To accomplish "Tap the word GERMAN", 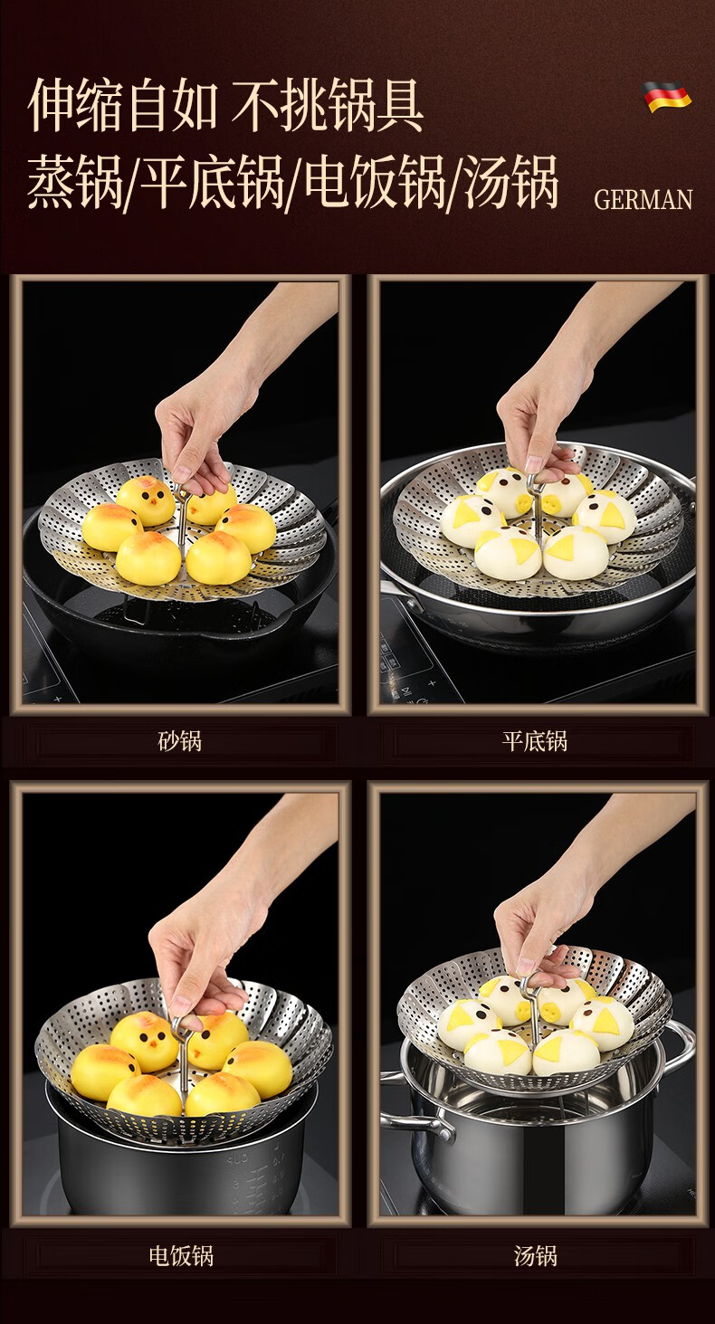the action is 643,200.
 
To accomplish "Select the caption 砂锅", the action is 179,740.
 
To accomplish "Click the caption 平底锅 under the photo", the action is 535,740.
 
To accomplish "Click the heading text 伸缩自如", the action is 121,107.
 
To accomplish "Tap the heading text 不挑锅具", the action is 328,107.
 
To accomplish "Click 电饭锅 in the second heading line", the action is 374,182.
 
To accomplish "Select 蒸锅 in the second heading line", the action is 74,182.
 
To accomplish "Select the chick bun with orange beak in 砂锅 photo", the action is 146,500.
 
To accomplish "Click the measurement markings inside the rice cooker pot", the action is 259,1176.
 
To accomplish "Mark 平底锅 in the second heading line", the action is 212,182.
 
